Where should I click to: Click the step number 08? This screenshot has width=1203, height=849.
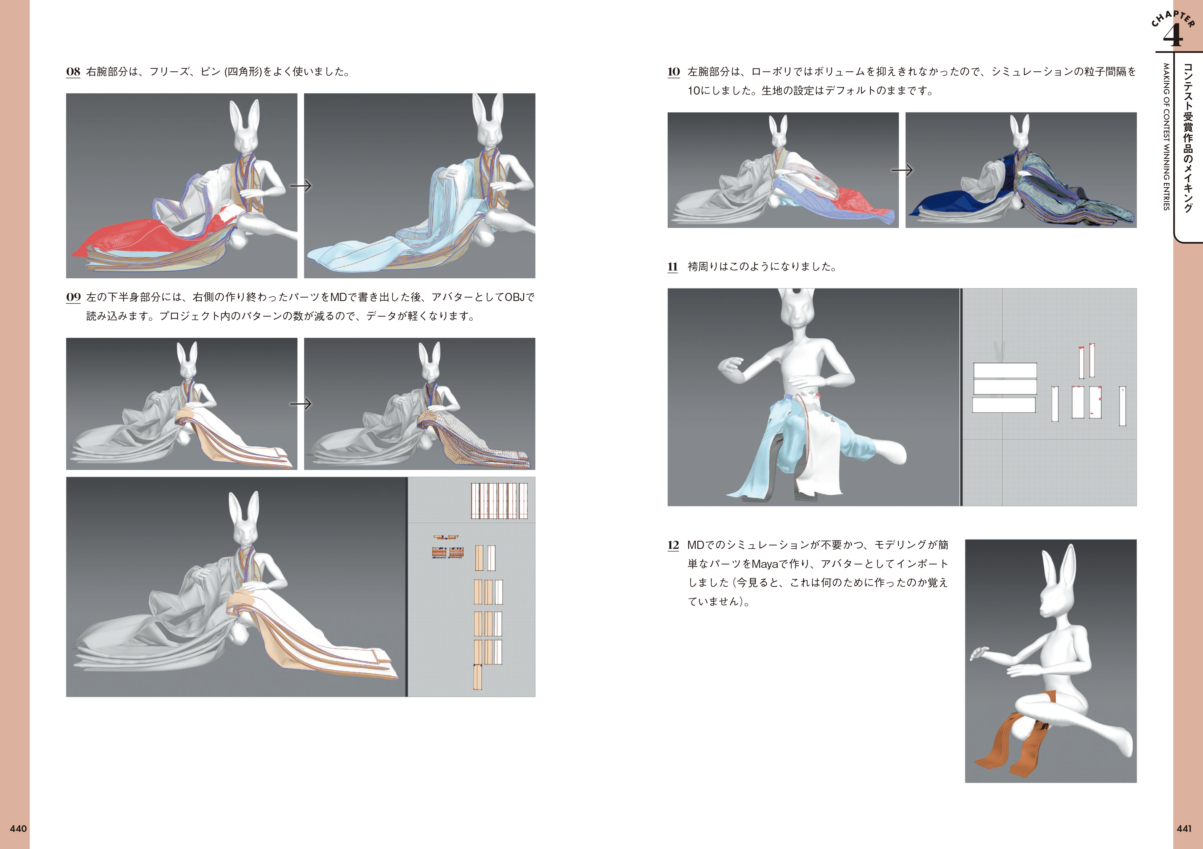(73, 72)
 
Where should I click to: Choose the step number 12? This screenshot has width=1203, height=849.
(673, 545)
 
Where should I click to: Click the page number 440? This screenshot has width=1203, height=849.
(18, 829)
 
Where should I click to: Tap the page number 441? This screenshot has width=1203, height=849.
(1184, 829)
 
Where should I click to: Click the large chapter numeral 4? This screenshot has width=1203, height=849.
(1172, 35)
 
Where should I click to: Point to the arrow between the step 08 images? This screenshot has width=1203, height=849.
(301, 186)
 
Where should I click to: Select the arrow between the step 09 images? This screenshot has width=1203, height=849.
(301, 404)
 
